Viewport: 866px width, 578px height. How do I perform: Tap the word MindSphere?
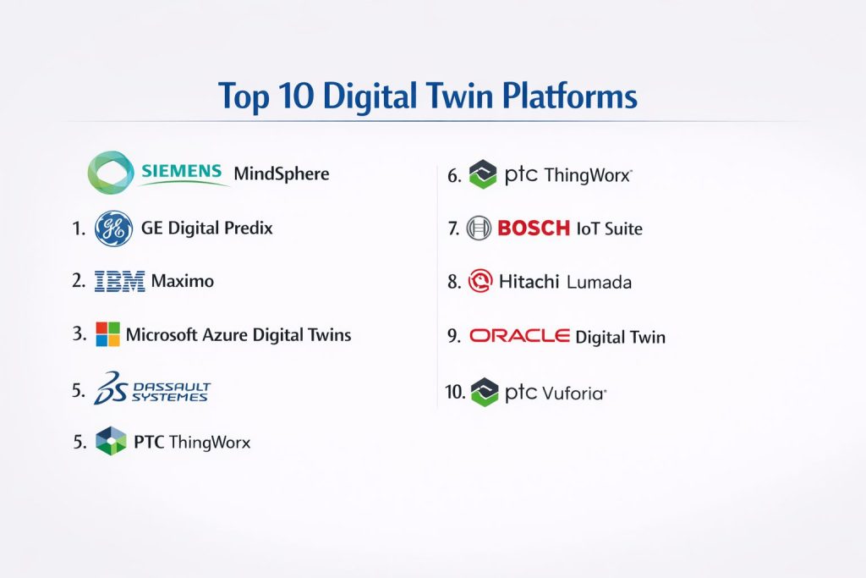[x=281, y=173]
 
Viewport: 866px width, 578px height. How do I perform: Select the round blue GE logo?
[x=114, y=228]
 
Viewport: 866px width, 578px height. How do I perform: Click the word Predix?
[x=248, y=228]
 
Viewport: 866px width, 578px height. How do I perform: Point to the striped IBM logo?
[x=120, y=281]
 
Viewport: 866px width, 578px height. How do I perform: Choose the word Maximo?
[x=183, y=281]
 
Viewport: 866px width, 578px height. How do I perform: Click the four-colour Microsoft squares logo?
[x=107, y=334]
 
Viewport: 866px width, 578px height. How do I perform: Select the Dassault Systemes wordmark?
[x=171, y=391]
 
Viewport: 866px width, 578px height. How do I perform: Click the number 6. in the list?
[x=454, y=176]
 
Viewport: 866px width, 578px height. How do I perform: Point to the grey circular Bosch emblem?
[x=479, y=228]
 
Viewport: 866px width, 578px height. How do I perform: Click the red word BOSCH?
[x=534, y=228]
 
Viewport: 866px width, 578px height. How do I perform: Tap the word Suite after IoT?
[x=623, y=228]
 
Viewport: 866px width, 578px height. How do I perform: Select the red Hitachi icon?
[x=480, y=281]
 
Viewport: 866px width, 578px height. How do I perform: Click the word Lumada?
[x=599, y=283]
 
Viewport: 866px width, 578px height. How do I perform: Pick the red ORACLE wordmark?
[x=520, y=335]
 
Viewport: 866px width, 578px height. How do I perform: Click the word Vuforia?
[x=574, y=394]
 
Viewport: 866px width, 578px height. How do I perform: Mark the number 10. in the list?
[x=456, y=392]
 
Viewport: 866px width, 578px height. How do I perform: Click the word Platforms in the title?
[x=569, y=96]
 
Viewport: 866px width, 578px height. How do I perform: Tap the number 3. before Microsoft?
[x=79, y=333]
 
